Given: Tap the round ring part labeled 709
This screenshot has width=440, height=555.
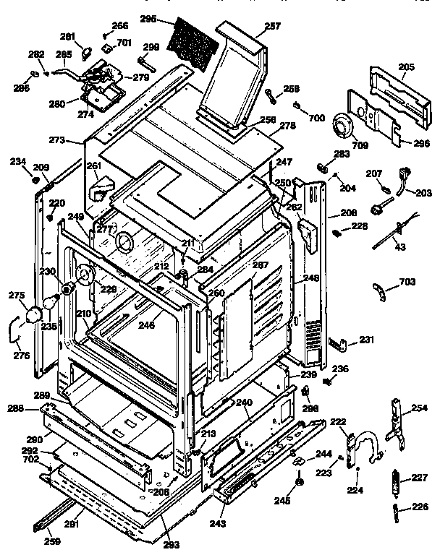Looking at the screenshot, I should pos(342,129).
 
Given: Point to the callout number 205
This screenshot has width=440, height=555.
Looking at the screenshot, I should pos(406,68).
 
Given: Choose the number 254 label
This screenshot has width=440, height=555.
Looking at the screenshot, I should pos(419,408).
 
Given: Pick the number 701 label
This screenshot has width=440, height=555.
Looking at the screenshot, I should pos(124,43).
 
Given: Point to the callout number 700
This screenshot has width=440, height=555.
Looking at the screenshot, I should pos(316,117).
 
